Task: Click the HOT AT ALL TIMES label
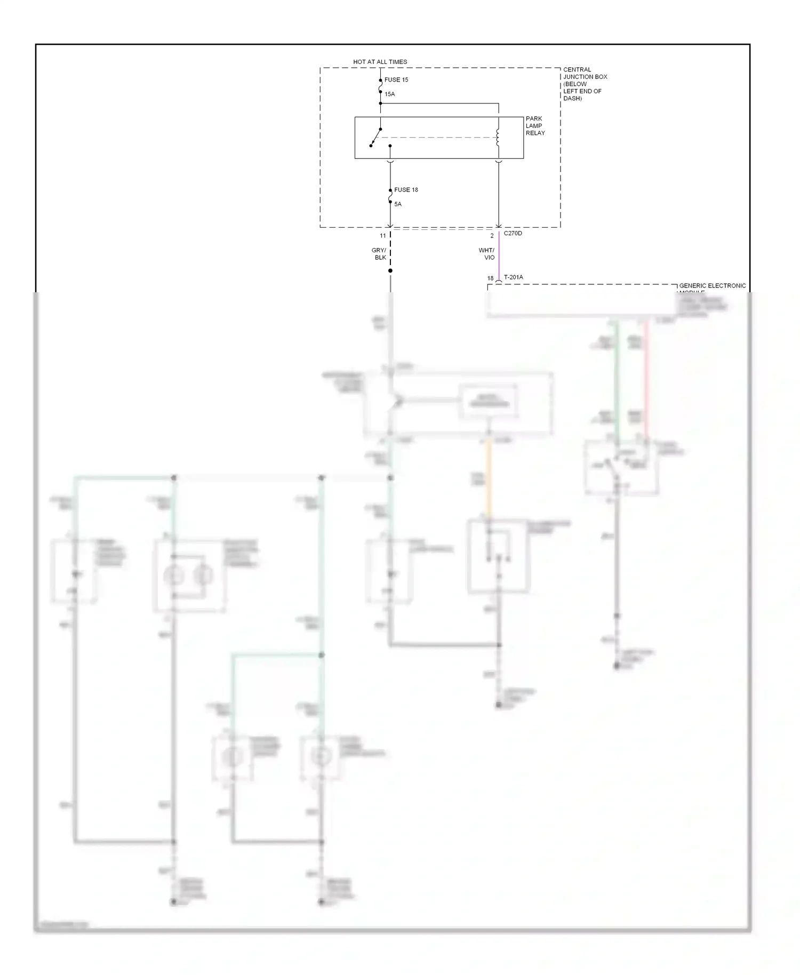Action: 380,62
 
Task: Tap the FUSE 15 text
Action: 396,80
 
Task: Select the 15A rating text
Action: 390,94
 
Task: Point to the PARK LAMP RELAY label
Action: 535,126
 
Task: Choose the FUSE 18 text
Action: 406,190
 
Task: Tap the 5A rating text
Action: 398,204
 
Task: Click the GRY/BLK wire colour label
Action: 379,254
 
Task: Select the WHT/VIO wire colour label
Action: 486,254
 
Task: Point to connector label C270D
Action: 513,234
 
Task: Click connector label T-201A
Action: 513,277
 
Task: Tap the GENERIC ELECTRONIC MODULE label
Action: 712,286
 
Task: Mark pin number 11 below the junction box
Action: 383,236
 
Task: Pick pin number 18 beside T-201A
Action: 490,278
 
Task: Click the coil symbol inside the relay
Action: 498,137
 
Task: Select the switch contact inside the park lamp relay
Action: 376,137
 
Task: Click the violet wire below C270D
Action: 499,256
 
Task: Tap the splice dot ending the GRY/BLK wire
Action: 390,271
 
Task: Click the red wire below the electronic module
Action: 646,379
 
